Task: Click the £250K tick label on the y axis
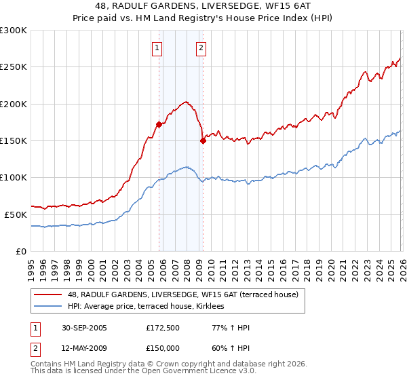[13, 67]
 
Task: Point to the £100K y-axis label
[13, 177]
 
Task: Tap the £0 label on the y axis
[21, 251]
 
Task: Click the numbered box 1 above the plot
[157, 47]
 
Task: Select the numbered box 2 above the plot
[202, 47]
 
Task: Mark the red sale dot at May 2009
[202, 140]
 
